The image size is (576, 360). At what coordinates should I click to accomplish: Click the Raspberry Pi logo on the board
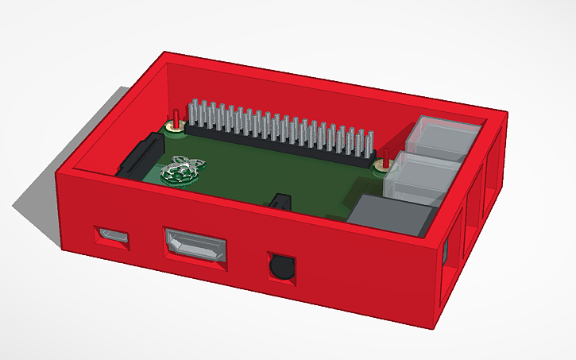182,168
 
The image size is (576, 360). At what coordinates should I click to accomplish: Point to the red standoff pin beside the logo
174,121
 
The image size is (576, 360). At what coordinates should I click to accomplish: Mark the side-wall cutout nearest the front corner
450,258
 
